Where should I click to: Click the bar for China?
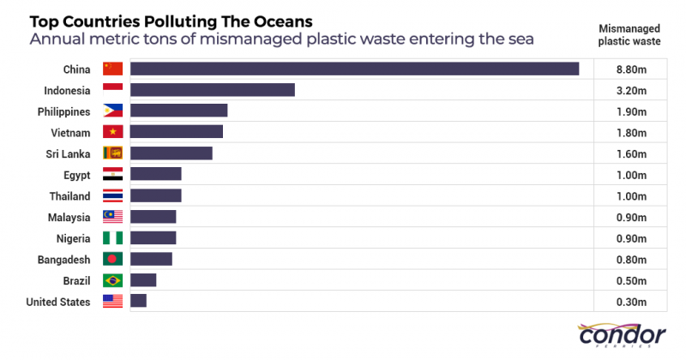click(x=354, y=69)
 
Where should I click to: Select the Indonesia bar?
click(x=213, y=90)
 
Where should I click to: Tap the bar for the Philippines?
click(x=179, y=111)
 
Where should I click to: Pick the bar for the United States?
click(x=139, y=301)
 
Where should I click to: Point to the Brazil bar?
click(x=143, y=280)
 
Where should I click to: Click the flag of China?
click(x=112, y=69)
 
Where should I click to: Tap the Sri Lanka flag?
click(x=112, y=153)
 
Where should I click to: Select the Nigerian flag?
click(x=112, y=237)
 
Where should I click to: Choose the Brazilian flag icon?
click(x=112, y=280)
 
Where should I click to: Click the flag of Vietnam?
click(x=112, y=132)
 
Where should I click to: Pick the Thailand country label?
click(x=69, y=195)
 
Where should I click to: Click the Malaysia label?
click(x=69, y=217)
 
